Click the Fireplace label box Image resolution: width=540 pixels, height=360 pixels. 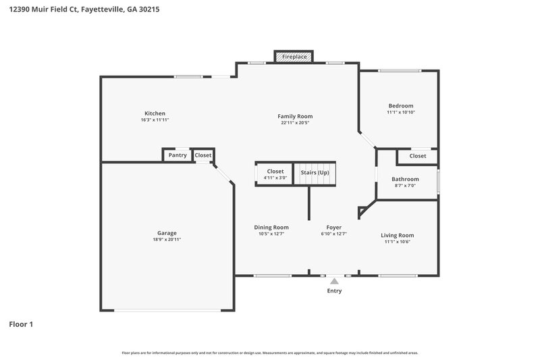point(294,57)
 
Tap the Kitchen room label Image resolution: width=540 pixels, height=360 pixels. point(155,113)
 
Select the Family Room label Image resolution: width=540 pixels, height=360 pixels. point(296,116)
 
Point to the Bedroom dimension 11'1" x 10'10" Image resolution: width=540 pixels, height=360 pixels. point(400,113)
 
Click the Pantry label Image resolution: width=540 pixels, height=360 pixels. point(178,155)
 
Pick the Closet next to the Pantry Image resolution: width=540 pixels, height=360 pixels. point(203,155)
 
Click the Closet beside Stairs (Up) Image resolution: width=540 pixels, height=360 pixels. point(275,172)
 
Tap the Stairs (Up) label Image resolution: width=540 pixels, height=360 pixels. point(315,172)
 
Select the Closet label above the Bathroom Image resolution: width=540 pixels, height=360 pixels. point(418,156)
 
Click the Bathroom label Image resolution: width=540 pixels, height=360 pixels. point(405,179)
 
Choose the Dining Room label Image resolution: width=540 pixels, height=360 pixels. point(271,228)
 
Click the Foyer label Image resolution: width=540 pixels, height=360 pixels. point(334,228)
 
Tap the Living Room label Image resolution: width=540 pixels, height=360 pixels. point(398,235)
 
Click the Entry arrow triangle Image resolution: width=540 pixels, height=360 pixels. point(334,281)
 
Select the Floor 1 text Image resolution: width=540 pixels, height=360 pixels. point(21,324)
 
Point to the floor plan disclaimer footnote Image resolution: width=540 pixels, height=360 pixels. point(269,353)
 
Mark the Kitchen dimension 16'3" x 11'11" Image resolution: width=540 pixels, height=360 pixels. point(155,120)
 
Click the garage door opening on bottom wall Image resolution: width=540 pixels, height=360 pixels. point(167,310)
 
